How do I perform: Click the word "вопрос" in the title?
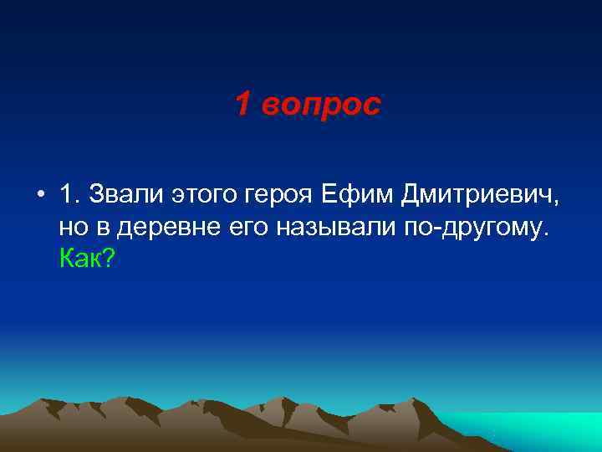(320, 105)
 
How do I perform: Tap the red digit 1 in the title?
(242, 105)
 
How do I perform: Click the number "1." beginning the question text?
(69, 195)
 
